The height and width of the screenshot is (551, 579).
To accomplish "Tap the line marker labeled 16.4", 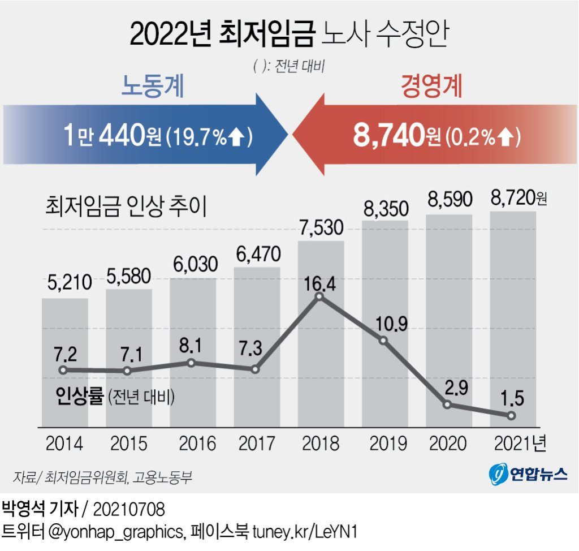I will point(320,296).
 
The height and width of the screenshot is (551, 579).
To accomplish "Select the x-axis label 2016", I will point(192,443).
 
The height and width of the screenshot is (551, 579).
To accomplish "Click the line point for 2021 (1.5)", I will point(511,416).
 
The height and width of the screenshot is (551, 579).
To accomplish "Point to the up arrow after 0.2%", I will point(507,136).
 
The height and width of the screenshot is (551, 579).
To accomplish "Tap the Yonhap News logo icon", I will point(499,474).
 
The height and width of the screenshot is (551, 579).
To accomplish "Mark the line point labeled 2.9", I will point(447,404).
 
